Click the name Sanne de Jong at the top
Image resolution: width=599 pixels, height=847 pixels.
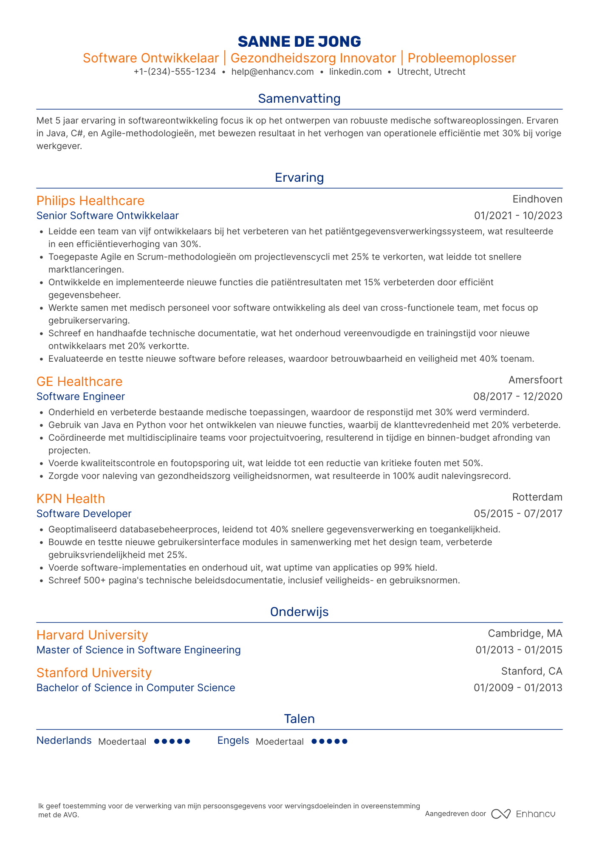tap(299, 42)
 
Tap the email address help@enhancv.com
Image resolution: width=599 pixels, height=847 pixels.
tap(272, 72)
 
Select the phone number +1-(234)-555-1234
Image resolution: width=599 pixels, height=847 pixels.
tap(175, 72)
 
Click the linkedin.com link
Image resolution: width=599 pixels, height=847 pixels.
tap(355, 72)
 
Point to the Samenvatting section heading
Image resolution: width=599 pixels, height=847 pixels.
tap(299, 98)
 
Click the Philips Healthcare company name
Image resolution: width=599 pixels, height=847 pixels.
tap(90, 200)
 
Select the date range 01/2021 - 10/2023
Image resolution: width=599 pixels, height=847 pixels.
tap(518, 216)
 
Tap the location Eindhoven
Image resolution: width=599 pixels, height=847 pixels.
tap(537, 199)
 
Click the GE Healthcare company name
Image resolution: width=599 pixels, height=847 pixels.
tap(79, 381)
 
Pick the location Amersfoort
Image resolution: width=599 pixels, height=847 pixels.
tap(535, 380)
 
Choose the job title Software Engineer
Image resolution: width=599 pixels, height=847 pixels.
tap(81, 397)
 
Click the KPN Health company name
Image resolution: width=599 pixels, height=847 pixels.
tap(71, 498)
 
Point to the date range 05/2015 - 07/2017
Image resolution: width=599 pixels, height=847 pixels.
tap(518, 514)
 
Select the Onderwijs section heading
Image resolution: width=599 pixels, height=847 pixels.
tap(299, 612)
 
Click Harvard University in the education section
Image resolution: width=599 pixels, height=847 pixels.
tap(92, 635)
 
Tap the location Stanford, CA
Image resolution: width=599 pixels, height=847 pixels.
tap(531, 671)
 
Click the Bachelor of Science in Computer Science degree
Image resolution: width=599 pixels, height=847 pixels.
tap(136, 688)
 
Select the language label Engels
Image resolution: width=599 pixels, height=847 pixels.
tap(233, 740)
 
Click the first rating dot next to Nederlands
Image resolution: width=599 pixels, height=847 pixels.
tap(156, 741)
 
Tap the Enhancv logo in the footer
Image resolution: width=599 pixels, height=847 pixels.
tap(523, 814)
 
